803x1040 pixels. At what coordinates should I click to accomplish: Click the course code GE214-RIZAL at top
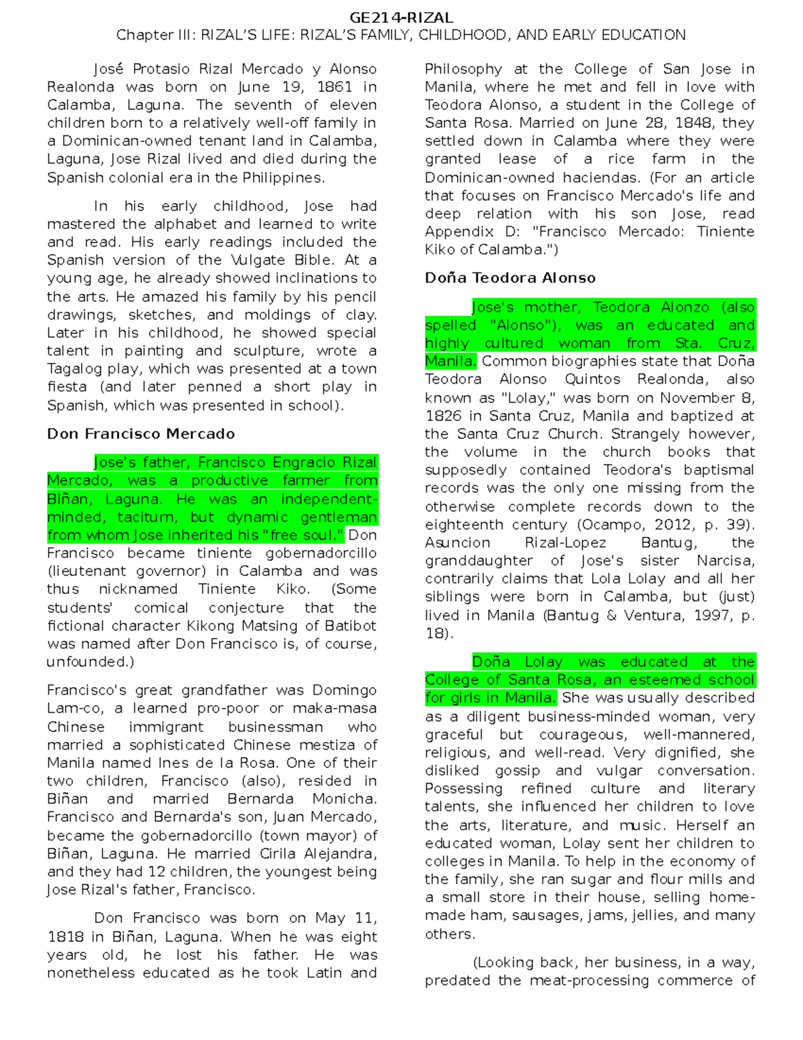tap(401, 18)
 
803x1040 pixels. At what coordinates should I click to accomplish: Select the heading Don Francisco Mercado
tap(141, 434)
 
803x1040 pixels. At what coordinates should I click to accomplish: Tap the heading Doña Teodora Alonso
tap(510, 278)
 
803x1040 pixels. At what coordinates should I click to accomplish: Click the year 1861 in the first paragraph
tap(335, 87)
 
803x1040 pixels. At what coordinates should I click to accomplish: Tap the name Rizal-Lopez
tap(565, 543)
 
